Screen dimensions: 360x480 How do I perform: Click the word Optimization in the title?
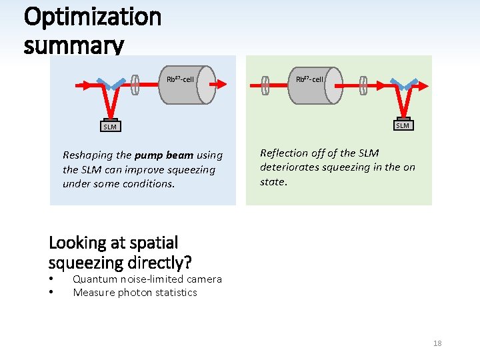coord(92,16)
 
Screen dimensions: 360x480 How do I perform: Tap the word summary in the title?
coord(73,45)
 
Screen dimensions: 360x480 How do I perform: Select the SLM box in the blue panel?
coord(110,126)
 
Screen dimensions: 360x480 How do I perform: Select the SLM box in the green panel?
coord(403,125)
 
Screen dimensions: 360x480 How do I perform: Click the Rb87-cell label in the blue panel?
coord(180,80)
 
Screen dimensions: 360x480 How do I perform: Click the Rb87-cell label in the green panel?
coord(309,79)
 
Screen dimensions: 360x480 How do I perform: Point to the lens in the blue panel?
coord(135,85)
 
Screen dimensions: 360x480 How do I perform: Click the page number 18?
coord(437,343)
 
